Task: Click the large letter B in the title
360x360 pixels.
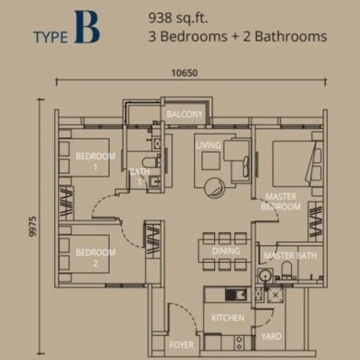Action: [87, 28]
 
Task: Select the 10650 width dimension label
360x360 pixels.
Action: [184, 73]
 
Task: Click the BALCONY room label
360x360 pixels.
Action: [184, 114]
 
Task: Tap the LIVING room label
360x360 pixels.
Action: [208, 145]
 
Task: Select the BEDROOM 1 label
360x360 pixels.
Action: [95, 161]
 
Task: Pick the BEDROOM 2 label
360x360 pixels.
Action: [95, 257]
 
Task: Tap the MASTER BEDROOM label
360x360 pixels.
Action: [281, 202]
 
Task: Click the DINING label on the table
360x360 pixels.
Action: [226, 251]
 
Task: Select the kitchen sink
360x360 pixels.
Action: [235, 295]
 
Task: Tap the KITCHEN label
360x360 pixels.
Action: [228, 318]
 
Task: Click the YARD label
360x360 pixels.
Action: [271, 336]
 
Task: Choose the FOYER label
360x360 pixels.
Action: [181, 345]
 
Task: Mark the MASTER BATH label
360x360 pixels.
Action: [290, 256]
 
